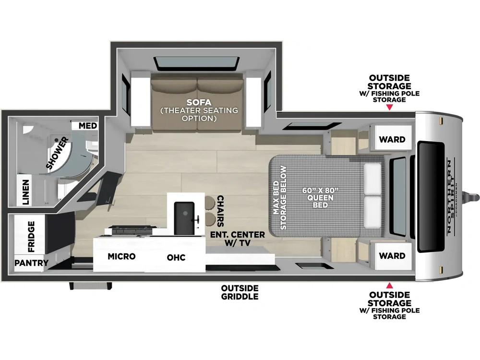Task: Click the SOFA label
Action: [199, 102]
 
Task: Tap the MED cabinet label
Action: [88, 126]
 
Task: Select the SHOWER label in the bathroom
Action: [58, 154]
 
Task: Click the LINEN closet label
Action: [26, 192]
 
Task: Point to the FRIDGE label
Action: [31, 237]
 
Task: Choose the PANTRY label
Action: [32, 263]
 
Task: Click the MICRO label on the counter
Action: [121, 256]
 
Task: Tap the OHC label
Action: [176, 257]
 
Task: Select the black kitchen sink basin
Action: [184, 217]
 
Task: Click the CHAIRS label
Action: [220, 211]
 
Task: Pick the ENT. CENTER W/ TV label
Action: [238, 239]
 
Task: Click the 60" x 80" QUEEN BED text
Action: [321, 198]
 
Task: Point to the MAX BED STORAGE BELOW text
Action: [280, 198]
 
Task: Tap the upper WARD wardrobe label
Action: [392, 140]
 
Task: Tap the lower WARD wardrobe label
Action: [392, 256]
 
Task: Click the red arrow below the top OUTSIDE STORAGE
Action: [389, 107]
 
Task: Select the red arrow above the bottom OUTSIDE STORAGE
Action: [389, 286]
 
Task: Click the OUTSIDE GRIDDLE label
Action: [240, 292]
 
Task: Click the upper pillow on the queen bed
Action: [372, 179]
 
